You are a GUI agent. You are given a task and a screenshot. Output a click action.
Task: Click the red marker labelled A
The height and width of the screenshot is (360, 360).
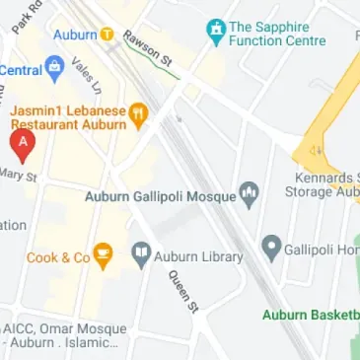coord(22,146)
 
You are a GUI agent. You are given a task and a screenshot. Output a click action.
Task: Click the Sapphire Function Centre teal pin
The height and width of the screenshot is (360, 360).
coord(215,35)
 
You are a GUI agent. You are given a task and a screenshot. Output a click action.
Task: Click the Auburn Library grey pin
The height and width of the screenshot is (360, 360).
coord(141,256)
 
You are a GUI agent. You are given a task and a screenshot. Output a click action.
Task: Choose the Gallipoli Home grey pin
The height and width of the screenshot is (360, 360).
coord(270,249)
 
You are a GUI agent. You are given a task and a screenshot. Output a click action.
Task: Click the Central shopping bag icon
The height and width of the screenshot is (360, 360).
coord(55,70)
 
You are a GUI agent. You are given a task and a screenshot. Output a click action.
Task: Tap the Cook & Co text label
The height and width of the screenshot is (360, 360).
coord(58,258)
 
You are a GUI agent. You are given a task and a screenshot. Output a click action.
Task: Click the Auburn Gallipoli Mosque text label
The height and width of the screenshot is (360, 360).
coord(161,196)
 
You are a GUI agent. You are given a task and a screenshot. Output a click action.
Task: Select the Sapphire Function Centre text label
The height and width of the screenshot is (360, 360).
coord(281,35)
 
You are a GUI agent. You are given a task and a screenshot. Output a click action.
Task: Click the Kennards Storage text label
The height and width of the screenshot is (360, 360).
coord(325,184)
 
